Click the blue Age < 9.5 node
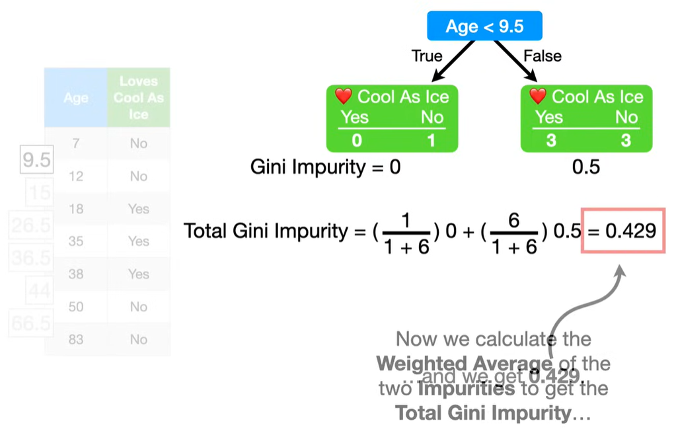(x=484, y=26)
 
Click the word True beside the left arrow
(x=427, y=56)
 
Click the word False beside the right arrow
(x=543, y=56)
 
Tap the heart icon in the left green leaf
(x=343, y=97)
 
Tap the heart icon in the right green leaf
(x=538, y=97)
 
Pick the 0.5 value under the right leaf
(x=585, y=167)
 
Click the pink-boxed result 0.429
(x=623, y=231)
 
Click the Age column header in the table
(x=76, y=98)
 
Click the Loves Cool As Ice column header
(x=139, y=98)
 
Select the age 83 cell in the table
(x=76, y=339)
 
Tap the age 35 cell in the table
(x=76, y=241)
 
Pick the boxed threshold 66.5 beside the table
(x=31, y=323)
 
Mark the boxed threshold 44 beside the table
(x=40, y=290)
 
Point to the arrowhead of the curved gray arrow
(x=622, y=270)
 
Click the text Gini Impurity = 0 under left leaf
(x=325, y=167)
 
